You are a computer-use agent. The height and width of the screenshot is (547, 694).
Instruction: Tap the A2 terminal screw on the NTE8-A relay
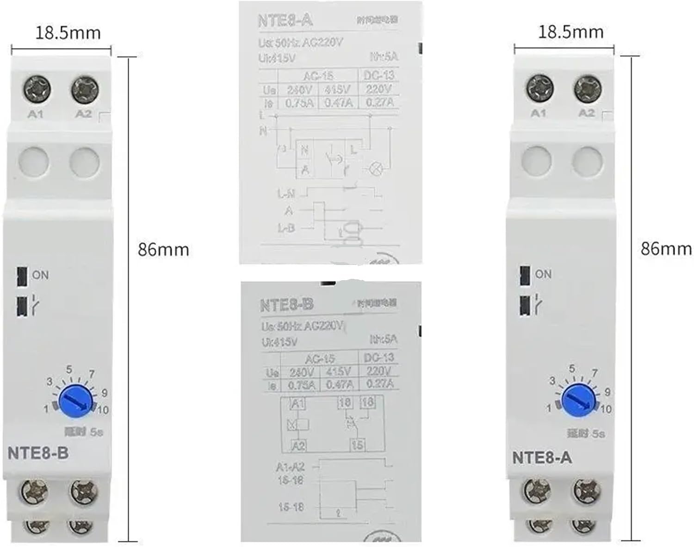pyautogui.click(x=588, y=88)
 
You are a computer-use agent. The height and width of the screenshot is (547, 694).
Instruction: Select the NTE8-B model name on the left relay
pyautogui.click(x=38, y=453)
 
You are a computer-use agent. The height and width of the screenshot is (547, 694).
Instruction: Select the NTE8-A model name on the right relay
pyautogui.click(x=542, y=458)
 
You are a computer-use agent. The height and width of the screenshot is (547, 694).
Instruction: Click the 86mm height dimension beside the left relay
pyautogui.click(x=163, y=250)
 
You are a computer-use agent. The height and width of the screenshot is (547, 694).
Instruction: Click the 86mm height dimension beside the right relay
pyautogui.click(x=666, y=249)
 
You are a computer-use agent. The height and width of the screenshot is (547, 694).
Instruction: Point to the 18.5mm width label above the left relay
pyautogui.click(x=68, y=32)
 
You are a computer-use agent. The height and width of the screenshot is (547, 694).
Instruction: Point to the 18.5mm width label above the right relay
pyautogui.click(x=570, y=31)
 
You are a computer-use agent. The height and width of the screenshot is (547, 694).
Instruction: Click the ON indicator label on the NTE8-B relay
pyautogui.click(x=40, y=275)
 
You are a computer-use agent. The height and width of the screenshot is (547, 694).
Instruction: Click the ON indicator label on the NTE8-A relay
pyautogui.click(x=543, y=274)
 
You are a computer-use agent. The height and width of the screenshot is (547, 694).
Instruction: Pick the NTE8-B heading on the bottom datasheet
pyautogui.click(x=287, y=305)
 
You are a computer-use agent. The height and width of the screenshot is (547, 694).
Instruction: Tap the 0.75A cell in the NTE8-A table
pyautogui.click(x=299, y=102)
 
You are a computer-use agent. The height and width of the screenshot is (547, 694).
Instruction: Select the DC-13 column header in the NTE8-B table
pyautogui.click(x=378, y=357)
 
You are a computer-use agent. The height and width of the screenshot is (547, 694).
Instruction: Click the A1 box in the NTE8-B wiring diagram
pyautogui.click(x=297, y=403)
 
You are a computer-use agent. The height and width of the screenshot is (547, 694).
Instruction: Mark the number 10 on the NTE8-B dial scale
pyautogui.click(x=103, y=410)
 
